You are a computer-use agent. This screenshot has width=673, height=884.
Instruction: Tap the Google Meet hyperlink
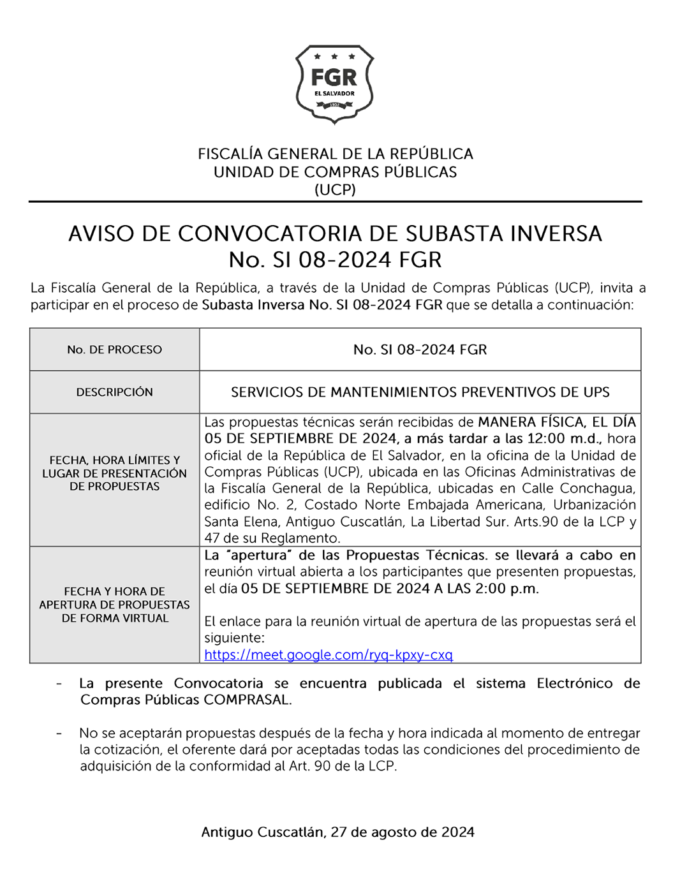(x=328, y=655)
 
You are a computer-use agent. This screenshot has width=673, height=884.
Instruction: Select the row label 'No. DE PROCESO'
(x=115, y=350)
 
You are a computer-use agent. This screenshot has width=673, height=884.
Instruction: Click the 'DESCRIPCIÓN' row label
(x=115, y=392)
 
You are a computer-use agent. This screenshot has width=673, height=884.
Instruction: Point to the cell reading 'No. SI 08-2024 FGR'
(x=420, y=350)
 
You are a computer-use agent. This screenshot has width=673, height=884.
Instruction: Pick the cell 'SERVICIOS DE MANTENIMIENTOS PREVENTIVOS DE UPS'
(x=420, y=392)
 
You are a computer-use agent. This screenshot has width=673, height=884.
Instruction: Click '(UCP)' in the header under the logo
(x=335, y=189)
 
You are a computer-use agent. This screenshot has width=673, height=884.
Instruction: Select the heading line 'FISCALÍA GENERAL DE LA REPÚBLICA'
(x=335, y=154)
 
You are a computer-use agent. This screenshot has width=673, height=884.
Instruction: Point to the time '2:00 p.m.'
(x=507, y=589)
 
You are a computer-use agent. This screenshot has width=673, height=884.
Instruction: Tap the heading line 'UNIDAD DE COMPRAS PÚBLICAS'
(x=335, y=172)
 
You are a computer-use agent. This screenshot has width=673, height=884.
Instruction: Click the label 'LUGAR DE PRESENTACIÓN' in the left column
(x=115, y=473)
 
